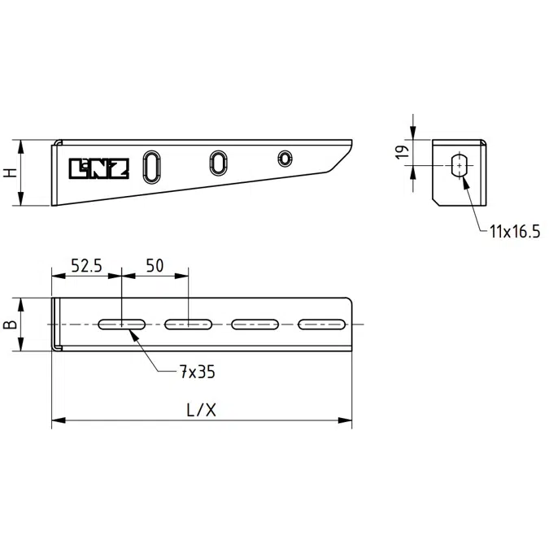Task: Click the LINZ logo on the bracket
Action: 99,168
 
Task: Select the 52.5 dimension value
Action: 86,266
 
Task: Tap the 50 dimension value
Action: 155,266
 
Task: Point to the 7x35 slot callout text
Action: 198,372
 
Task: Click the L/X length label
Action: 202,410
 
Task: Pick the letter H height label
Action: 11,172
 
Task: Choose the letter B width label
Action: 10,325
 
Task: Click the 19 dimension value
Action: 403,152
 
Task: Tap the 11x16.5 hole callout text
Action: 515,232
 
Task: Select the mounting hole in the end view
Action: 459,165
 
